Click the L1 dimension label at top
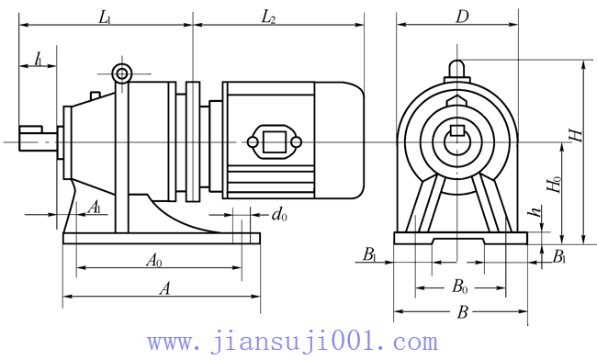coord(105,17)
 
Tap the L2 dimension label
coord(268,17)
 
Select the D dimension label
coord(462,17)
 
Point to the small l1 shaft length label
coord(39,60)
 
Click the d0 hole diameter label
coord(279,215)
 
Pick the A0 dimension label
coord(154,261)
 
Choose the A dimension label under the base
coord(164,289)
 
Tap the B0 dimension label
coord(459,287)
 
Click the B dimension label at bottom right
coord(462,312)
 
